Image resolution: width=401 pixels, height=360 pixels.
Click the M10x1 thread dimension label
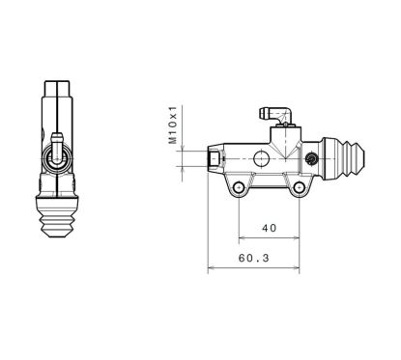(175, 125)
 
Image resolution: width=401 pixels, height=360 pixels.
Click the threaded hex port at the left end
(213, 156)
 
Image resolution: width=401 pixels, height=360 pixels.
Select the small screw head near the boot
(311, 158)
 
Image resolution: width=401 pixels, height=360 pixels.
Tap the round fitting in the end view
(57, 153)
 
